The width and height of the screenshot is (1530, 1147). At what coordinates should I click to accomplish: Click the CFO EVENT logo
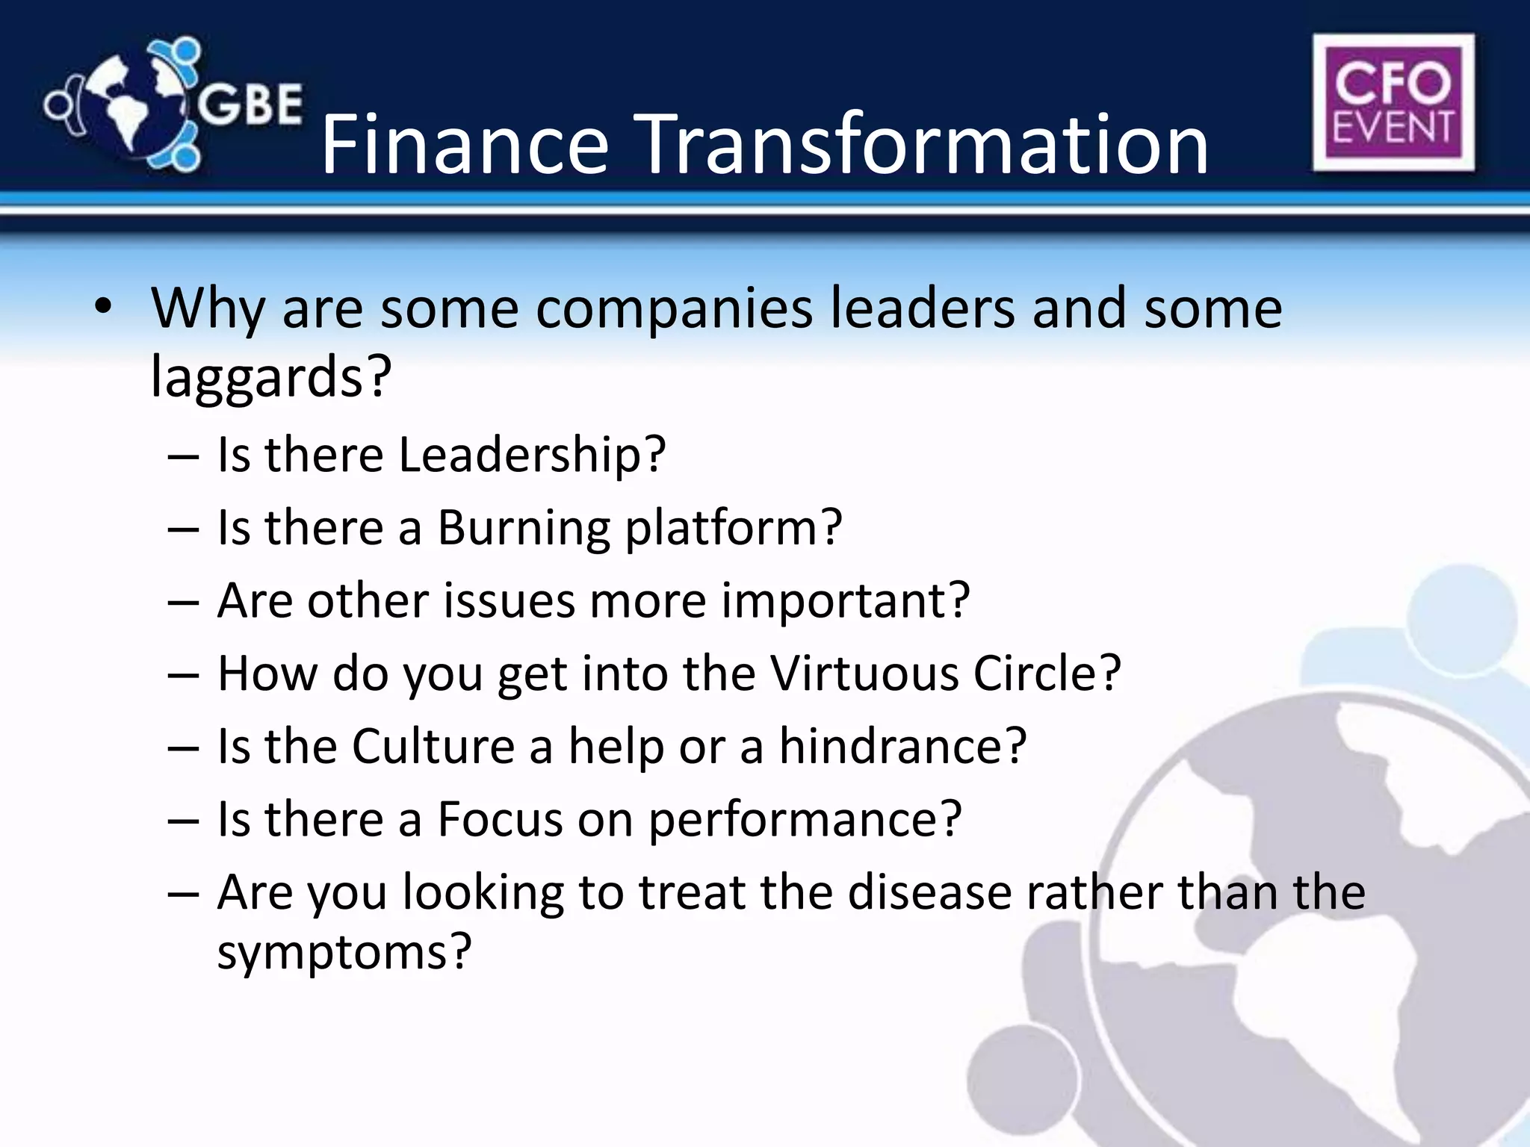tap(1393, 103)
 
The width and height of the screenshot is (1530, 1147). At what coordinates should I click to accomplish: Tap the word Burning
tap(524, 527)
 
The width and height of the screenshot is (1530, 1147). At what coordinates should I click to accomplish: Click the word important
tap(844, 600)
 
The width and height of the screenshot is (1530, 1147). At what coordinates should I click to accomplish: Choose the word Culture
tap(433, 746)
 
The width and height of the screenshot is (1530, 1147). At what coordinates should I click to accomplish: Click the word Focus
tap(499, 819)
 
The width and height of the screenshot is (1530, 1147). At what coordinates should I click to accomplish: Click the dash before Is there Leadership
tap(183, 456)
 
